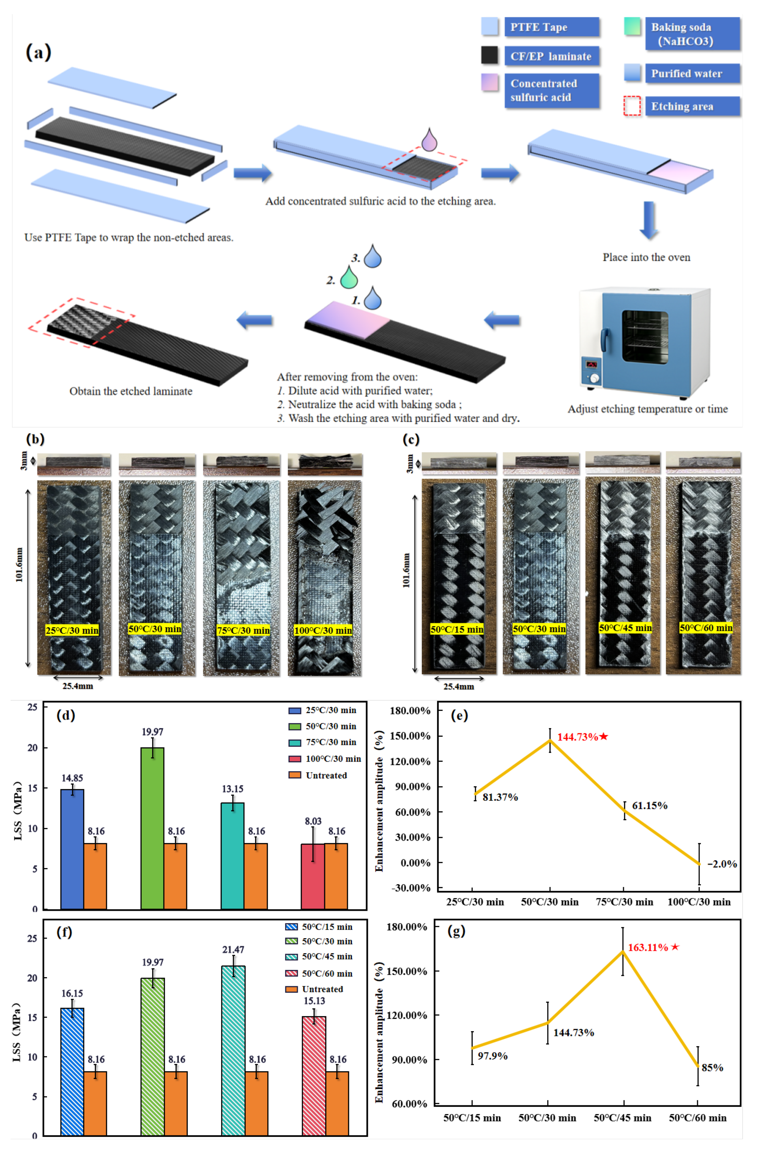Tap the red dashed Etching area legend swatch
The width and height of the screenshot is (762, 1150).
632,106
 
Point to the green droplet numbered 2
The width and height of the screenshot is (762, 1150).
349,278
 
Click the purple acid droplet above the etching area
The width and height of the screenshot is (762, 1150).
429,140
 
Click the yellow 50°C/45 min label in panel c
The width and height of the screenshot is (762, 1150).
625,628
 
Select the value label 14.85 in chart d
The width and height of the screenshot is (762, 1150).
72,778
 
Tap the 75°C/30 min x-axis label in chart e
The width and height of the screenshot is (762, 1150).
625,902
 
